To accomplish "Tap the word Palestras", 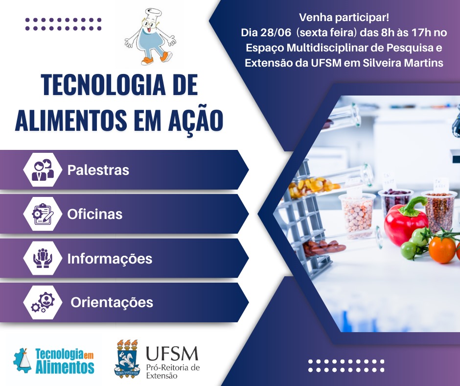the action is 98,170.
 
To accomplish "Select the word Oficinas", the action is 95,214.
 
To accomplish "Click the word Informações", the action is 110,259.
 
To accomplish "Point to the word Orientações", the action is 112,303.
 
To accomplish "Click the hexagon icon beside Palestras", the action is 43,170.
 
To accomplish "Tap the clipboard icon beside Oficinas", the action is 43,214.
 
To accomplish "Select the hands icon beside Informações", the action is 43,258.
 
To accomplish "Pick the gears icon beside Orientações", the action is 43,302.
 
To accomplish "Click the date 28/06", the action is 276,33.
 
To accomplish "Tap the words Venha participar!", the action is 344,17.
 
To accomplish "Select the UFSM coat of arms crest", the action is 127,359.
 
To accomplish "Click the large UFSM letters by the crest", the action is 172,354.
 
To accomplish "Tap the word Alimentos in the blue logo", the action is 65,367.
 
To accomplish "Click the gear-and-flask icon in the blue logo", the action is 23,360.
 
